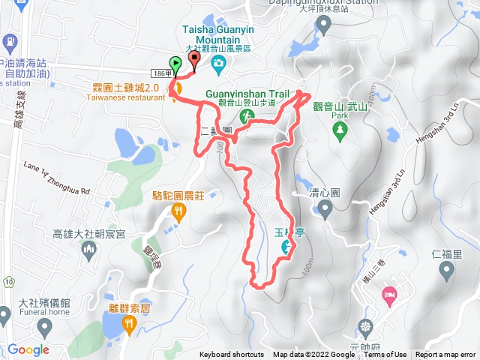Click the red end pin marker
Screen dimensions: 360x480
(194, 59)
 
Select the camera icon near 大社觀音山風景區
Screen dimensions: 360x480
(217, 64)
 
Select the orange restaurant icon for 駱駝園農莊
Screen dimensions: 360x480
(178, 213)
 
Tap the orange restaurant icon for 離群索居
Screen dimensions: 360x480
(130, 324)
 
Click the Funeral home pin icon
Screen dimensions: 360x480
(45, 327)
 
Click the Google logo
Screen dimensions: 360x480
(28, 349)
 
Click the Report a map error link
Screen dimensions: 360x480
(445, 355)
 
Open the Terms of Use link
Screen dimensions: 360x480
(385, 355)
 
